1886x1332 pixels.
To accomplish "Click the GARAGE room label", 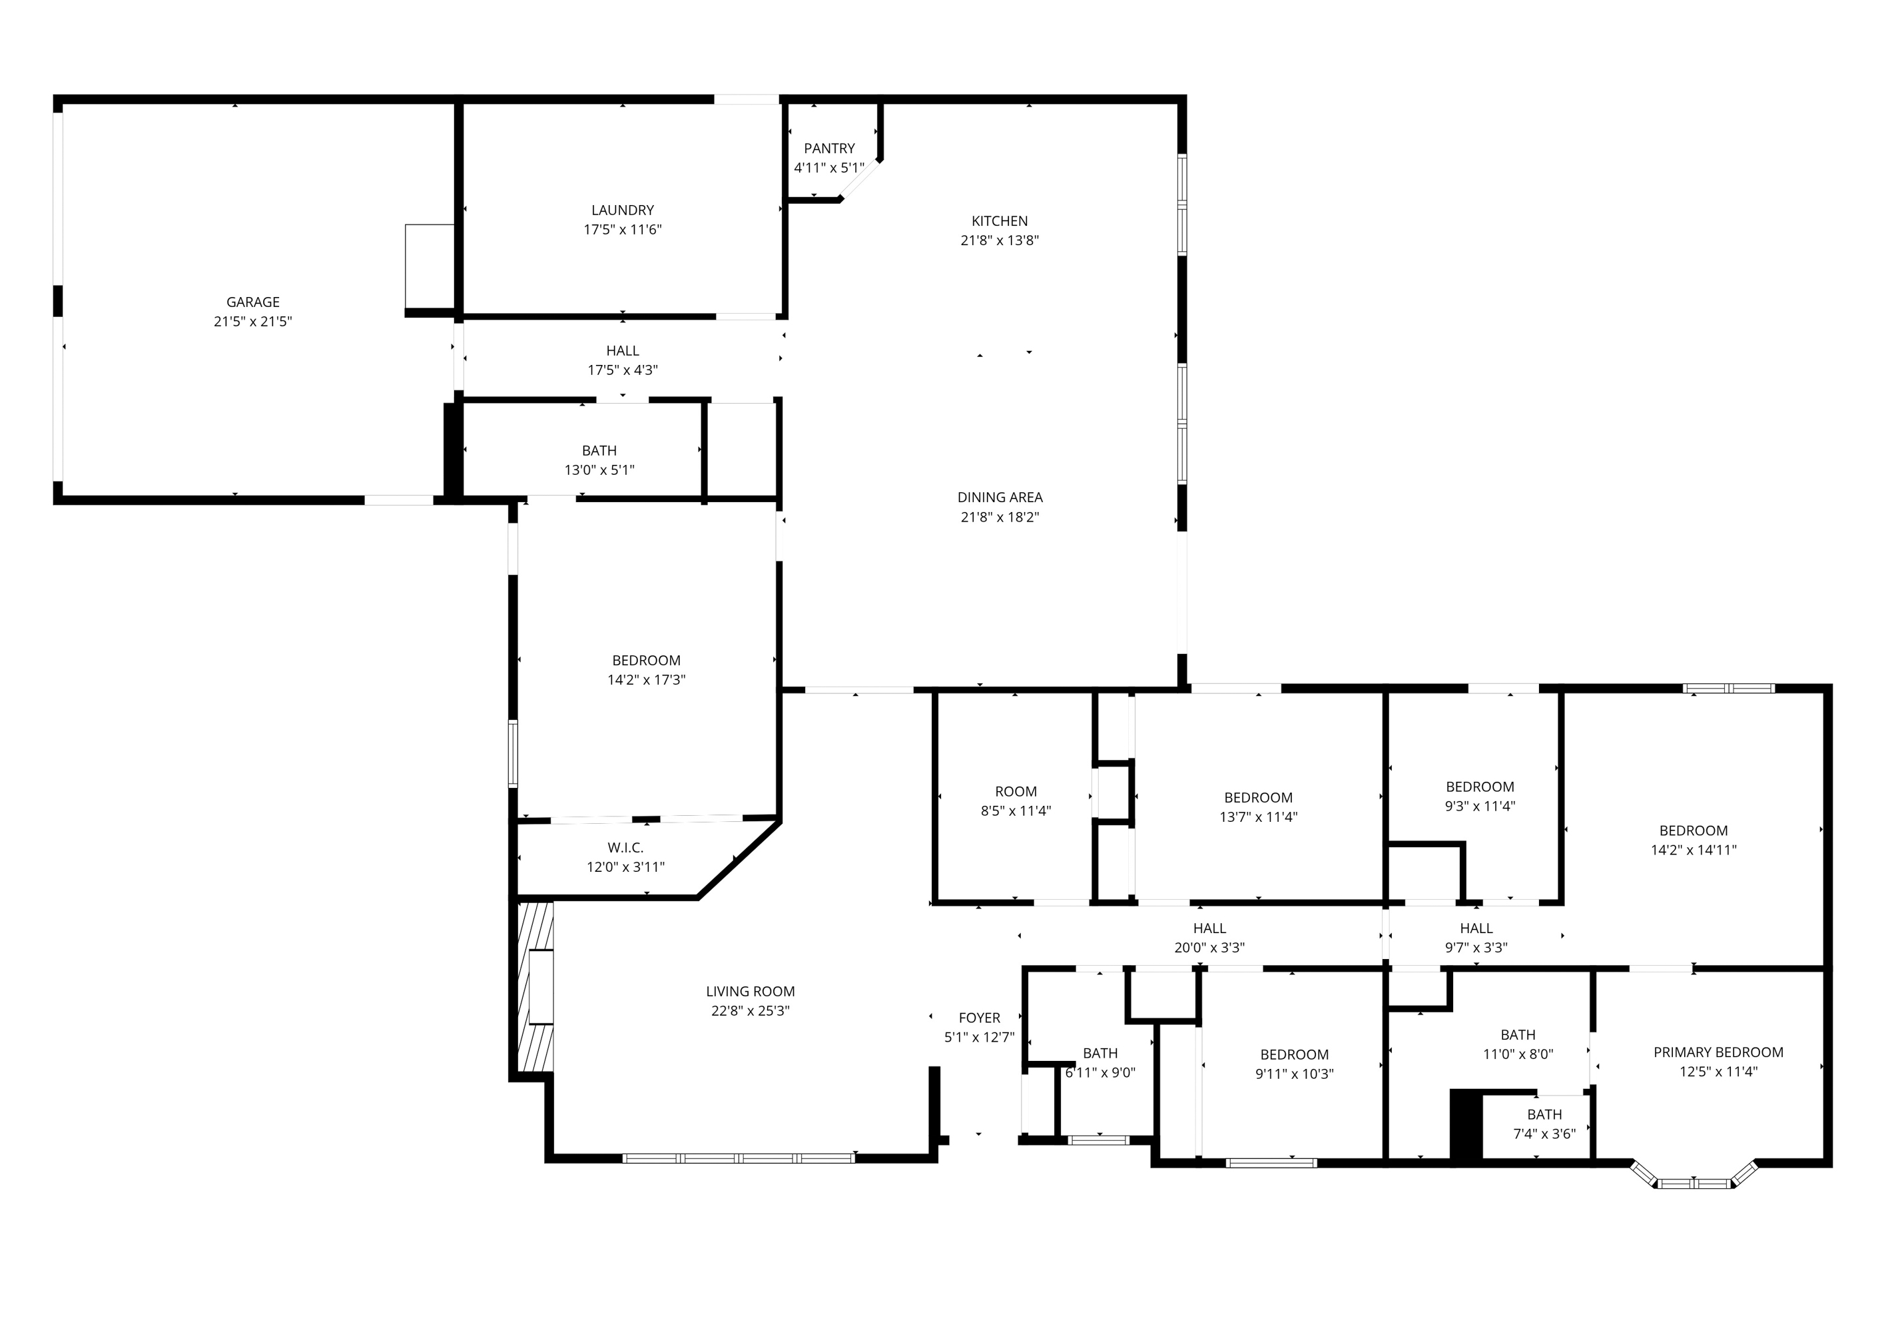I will click(253, 302).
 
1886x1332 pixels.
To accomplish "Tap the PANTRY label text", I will click(829, 149).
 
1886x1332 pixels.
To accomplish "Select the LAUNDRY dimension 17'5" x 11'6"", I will click(623, 230).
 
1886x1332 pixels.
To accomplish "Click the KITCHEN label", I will click(999, 221).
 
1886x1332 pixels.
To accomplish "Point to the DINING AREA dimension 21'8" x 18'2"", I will click(999, 517).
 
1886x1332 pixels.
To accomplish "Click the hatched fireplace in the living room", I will click(535, 987).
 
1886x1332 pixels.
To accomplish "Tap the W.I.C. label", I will click(625, 848).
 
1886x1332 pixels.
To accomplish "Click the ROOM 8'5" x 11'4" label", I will click(1016, 792).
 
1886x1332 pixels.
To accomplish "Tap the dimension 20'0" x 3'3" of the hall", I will click(1209, 948).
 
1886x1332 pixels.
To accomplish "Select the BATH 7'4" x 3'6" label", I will click(1544, 1115).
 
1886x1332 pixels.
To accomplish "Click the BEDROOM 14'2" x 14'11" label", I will click(1693, 831).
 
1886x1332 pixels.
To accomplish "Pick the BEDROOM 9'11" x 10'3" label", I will click(1294, 1055).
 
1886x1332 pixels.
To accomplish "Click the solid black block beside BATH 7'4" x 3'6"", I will click(1465, 1125).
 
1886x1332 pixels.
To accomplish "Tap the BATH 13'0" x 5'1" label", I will click(599, 451).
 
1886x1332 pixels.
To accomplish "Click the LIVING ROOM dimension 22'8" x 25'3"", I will click(750, 1012).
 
